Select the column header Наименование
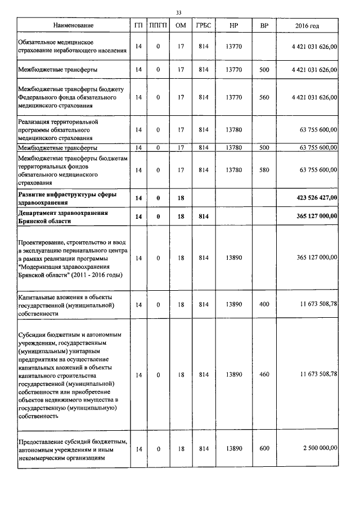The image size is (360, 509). [74, 26]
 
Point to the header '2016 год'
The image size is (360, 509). [307, 26]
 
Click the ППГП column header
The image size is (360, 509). [158, 26]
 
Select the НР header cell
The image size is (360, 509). [233, 26]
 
